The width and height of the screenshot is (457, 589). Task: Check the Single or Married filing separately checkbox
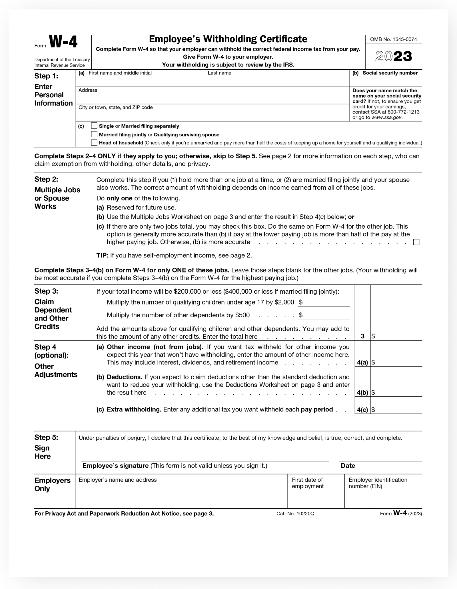click(94, 126)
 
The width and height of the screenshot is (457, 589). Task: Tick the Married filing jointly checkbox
click(94, 134)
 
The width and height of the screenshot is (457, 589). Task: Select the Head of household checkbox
click(94, 142)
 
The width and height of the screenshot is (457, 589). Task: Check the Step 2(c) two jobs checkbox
click(416, 242)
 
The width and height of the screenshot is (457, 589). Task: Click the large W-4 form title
click(63, 42)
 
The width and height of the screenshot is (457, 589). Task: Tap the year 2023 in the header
click(393, 57)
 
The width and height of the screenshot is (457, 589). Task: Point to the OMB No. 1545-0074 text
click(393, 39)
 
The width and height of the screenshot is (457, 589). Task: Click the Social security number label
click(390, 73)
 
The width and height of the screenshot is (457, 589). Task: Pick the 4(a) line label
click(362, 363)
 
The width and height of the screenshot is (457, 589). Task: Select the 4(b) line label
click(362, 393)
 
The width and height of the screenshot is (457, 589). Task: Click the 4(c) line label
click(362, 410)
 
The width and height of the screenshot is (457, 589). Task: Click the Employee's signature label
click(115, 466)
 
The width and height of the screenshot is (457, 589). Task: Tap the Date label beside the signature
click(348, 466)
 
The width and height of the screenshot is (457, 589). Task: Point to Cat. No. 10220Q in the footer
click(295, 514)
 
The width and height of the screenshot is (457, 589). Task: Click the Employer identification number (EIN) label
click(378, 483)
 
